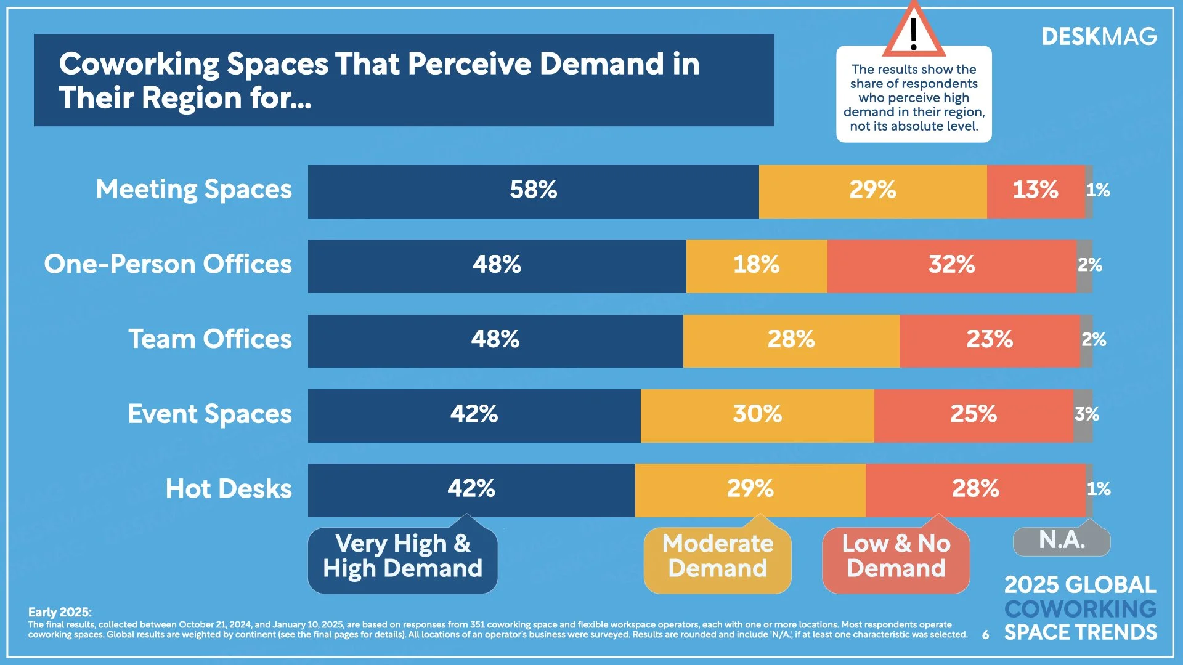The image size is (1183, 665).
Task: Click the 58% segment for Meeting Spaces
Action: point(533,191)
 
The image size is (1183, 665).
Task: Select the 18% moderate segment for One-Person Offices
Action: point(757,265)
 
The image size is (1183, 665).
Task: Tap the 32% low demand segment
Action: point(951,265)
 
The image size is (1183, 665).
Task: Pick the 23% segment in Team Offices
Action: point(989,340)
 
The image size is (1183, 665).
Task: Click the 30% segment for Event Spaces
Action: point(757,414)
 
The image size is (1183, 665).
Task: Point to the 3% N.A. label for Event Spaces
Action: point(1086,414)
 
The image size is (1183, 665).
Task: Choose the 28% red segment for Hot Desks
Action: point(975,490)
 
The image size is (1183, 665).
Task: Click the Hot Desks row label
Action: point(229,490)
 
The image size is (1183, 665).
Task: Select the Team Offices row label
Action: point(210,340)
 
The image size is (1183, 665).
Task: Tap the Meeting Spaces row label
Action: point(193,190)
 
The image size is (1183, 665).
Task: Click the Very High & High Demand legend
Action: point(402,557)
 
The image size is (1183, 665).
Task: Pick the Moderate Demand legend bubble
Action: point(717,557)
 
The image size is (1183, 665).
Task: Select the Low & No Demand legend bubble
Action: point(896,557)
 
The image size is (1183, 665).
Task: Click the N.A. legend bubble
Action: point(1062,541)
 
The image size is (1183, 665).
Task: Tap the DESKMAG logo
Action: point(1099,38)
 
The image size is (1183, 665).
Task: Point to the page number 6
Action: point(986,635)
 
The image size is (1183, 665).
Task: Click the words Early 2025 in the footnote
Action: point(60,612)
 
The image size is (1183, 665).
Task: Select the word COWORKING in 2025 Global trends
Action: point(1080,609)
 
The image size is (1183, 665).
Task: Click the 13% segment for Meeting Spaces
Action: point(1035,191)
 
